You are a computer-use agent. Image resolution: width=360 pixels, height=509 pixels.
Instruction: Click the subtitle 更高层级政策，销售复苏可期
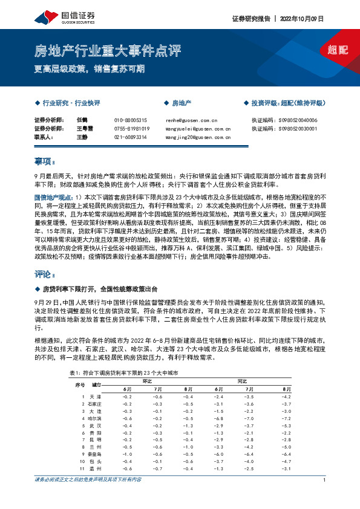pyautogui.click(x=90, y=68)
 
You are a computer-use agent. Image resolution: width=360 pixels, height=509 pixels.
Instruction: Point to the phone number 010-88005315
pyautogui.click(x=130, y=120)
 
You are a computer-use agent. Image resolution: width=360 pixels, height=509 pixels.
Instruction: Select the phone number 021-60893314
pyautogui.click(x=130, y=137)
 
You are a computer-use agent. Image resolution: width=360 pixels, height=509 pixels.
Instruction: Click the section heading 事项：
pyautogui.click(x=45, y=161)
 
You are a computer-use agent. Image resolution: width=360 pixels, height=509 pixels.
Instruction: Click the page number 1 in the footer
pyautogui.click(x=325, y=480)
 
